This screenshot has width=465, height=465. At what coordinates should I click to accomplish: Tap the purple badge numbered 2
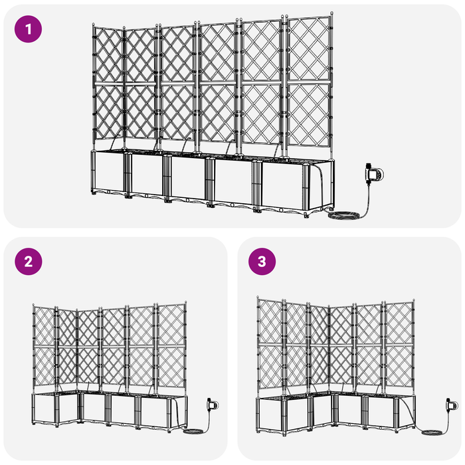pyautogui.click(x=28, y=261)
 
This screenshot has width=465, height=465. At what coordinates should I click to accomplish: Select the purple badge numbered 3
pyautogui.click(x=262, y=261)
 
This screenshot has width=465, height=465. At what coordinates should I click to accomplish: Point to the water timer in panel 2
pyautogui.click(x=213, y=403)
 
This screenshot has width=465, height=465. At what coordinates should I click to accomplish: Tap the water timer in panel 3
pyautogui.click(x=452, y=404)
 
